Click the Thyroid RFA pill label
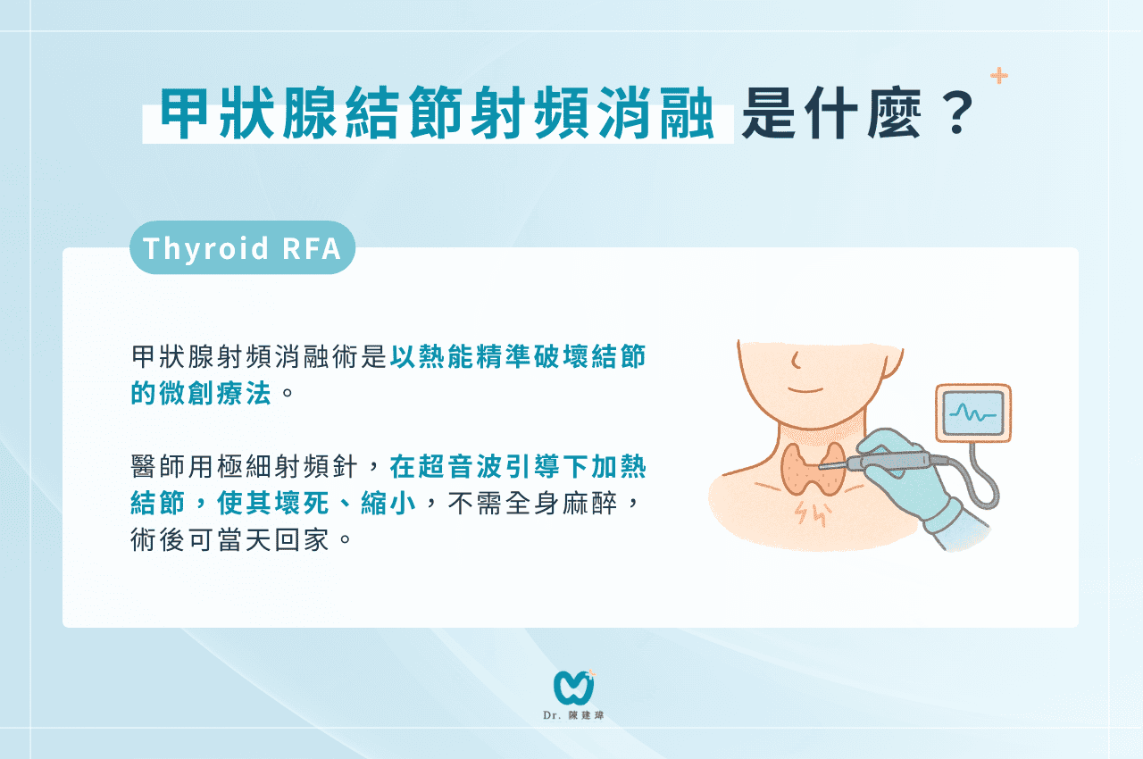tap(242, 248)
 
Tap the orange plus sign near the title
tap(999, 76)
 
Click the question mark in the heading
tap(958, 113)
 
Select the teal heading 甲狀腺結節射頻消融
tap(438, 113)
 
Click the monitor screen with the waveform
tap(973, 413)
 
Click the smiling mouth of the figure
tap(806, 390)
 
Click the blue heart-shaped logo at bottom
tap(574, 687)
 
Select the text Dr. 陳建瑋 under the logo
tap(573, 715)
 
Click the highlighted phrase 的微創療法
tap(201, 393)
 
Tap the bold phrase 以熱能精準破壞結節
tap(518, 356)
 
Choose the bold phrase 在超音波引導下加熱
tap(518, 466)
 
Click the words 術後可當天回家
tap(229, 539)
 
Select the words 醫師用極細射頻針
tap(244, 466)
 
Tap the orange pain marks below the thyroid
tap(812, 513)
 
